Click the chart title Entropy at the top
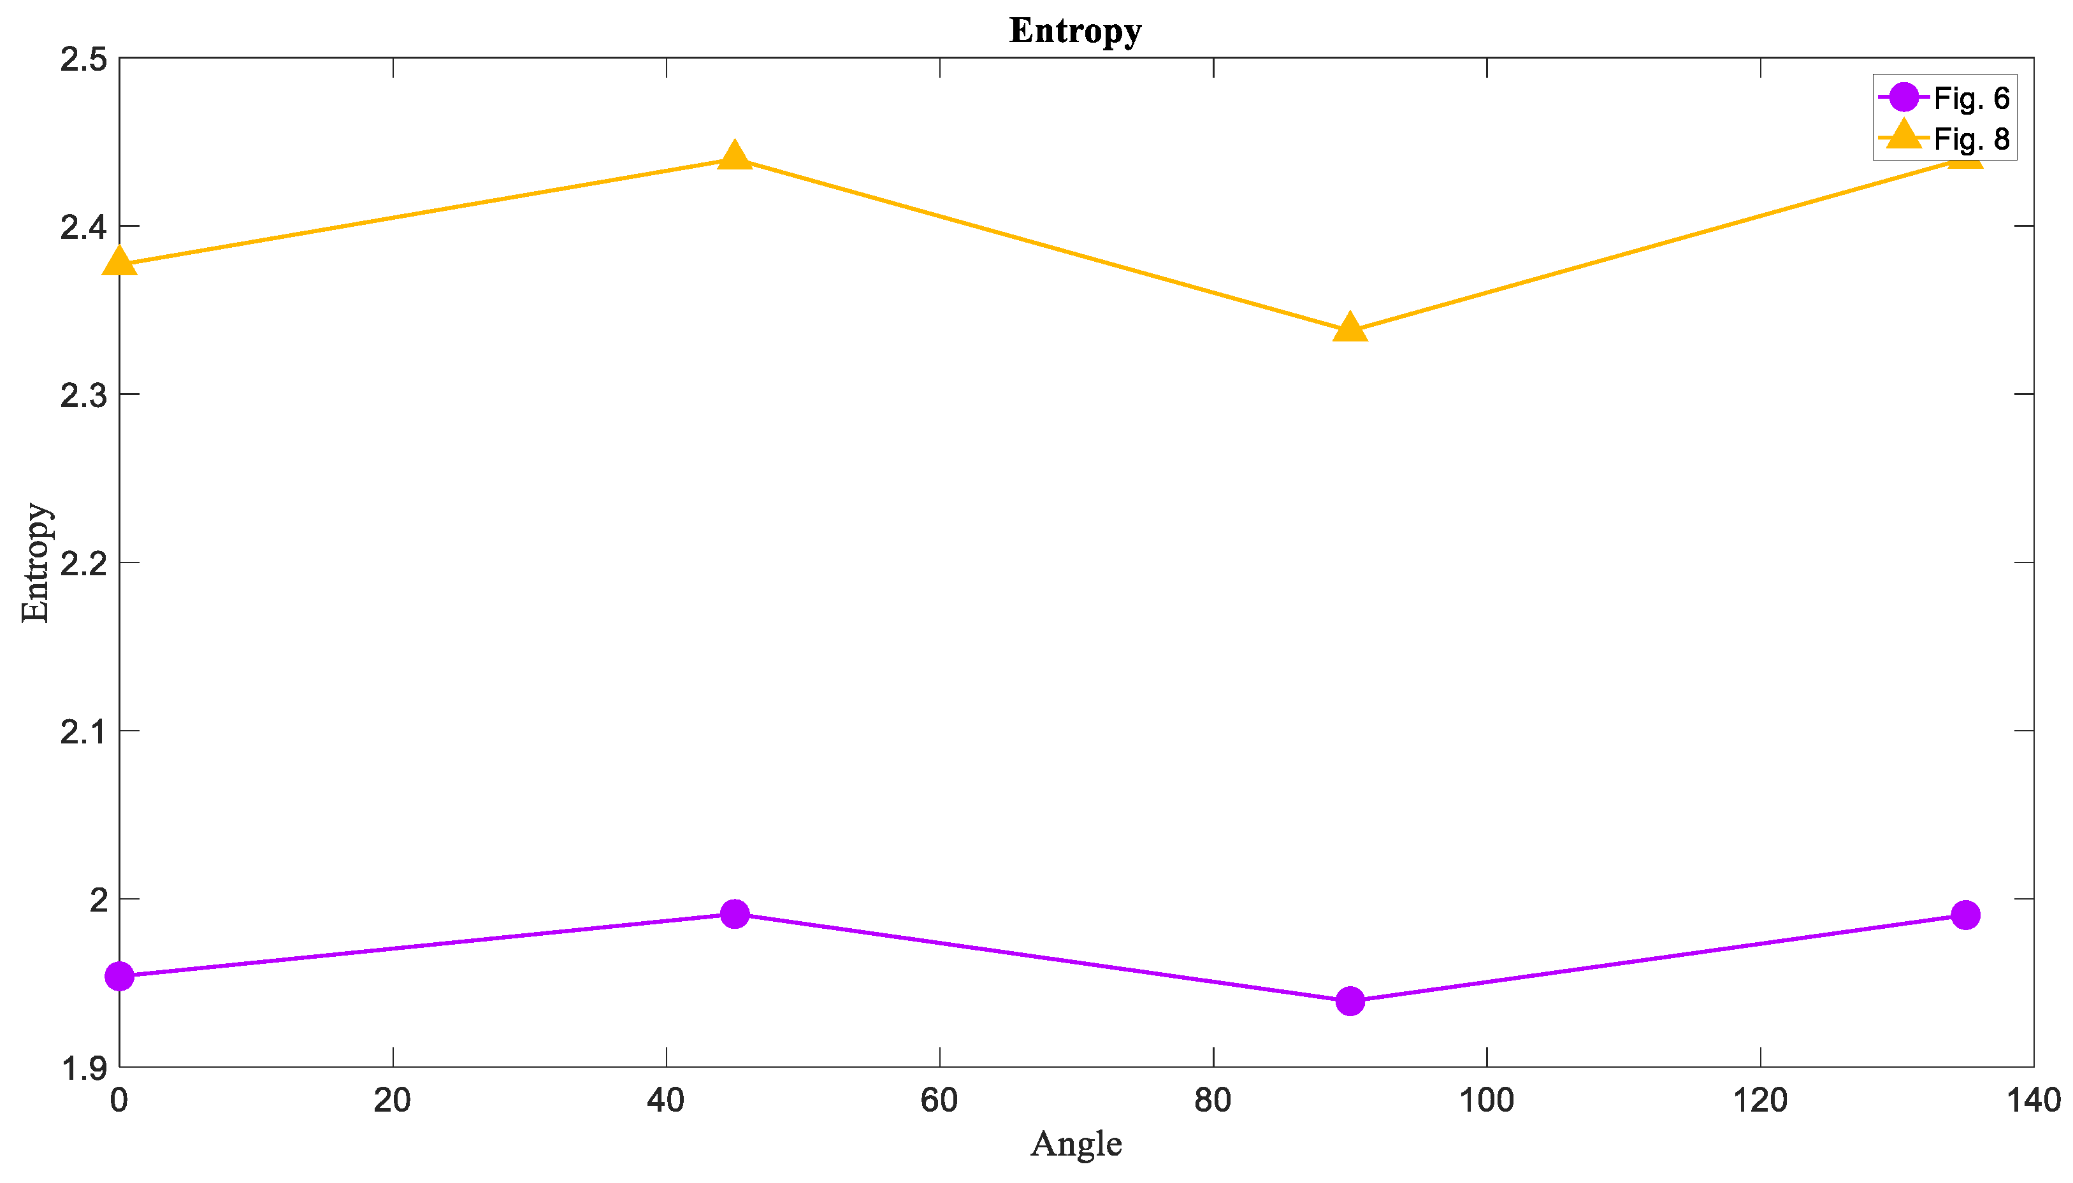point(1074,31)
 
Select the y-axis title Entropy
point(36,563)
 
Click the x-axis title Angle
point(1076,1144)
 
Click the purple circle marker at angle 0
point(119,976)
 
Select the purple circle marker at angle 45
point(735,914)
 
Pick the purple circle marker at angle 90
point(1350,1001)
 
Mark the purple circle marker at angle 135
point(1965,915)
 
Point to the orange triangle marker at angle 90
point(1350,327)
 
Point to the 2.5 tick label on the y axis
point(83,59)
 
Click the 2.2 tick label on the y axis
point(83,563)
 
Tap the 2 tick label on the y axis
point(98,900)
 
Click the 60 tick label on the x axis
point(939,1101)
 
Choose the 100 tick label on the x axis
point(1486,1101)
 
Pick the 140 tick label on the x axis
point(2033,1101)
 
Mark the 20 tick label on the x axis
point(393,1101)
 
